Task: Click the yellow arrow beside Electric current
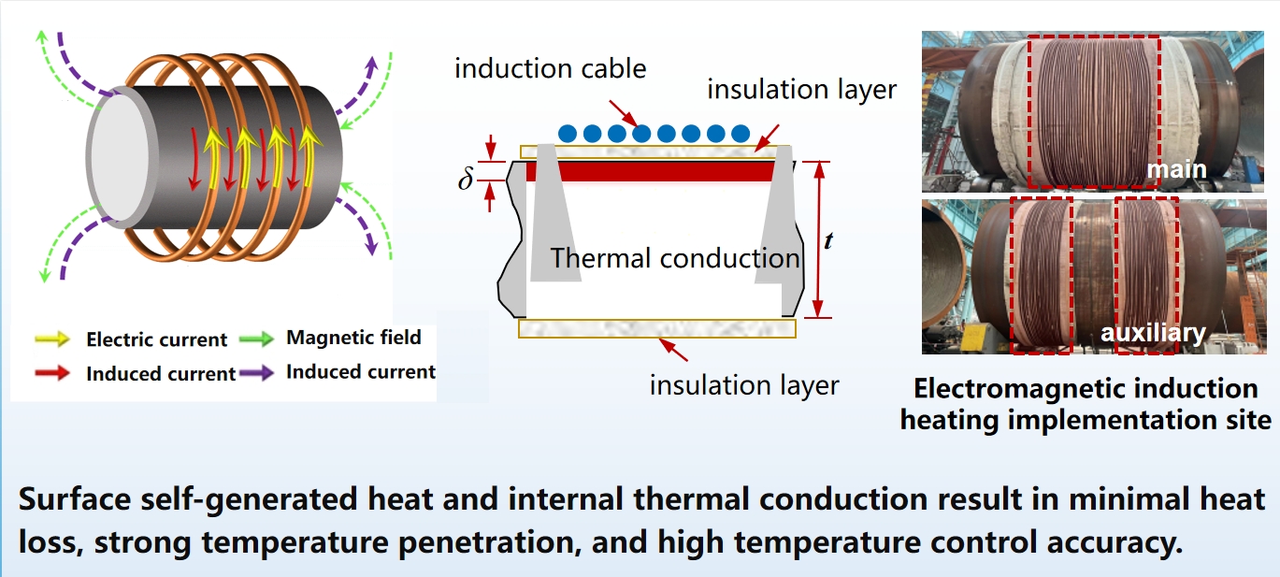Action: pyautogui.click(x=56, y=339)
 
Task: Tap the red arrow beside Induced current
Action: pyautogui.click(x=56, y=372)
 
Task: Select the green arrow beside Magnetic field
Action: pyautogui.click(x=255, y=338)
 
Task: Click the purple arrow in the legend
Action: pyautogui.click(x=255, y=371)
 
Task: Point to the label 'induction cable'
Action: pyautogui.click(x=551, y=68)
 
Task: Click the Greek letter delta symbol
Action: pyautogui.click(x=466, y=179)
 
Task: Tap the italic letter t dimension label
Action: pyautogui.click(x=827, y=240)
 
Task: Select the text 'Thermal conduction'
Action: pyautogui.click(x=675, y=257)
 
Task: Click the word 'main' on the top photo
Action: pyautogui.click(x=1176, y=169)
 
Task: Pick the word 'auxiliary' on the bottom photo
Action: pyautogui.click(x=1152, y=332)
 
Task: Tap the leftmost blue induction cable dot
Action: pyautogui.click(x=568, y=134)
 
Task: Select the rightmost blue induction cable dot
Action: pyautogui.click(x=740, y=134)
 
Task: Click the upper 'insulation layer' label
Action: pyautogui.click(x=801, y=90)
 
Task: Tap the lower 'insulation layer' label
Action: pyautogui.click(x=744, y=384)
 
